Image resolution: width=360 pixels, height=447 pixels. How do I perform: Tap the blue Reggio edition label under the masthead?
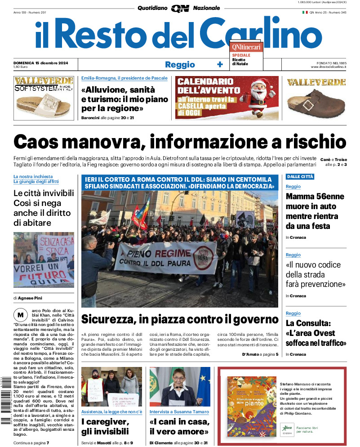(180, 64)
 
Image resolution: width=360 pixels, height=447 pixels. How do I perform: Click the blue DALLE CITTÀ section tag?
(300, 177)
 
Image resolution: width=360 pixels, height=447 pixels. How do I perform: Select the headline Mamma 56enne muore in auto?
(315, 211)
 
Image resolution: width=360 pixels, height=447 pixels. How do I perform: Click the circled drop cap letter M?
(20, 314)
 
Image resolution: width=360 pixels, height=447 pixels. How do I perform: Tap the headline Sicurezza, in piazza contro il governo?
(180, 320)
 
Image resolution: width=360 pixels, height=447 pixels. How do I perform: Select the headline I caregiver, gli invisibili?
(105, 427)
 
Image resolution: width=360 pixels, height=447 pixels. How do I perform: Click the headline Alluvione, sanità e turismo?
(118, 99)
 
